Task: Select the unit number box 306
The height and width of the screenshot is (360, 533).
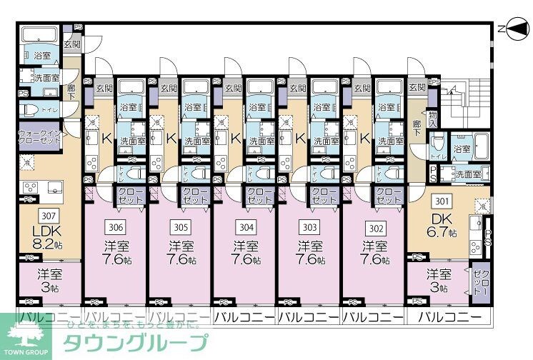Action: pos(115,227)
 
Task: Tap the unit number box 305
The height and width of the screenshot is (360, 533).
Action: pos(179,227)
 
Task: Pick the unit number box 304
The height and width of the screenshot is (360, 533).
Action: pos(245,227)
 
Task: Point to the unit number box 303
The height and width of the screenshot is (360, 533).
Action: pos(309,227)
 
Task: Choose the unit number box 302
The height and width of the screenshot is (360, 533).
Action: pos(374,227)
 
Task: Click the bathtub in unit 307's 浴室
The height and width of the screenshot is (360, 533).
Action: pos(40,36)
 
